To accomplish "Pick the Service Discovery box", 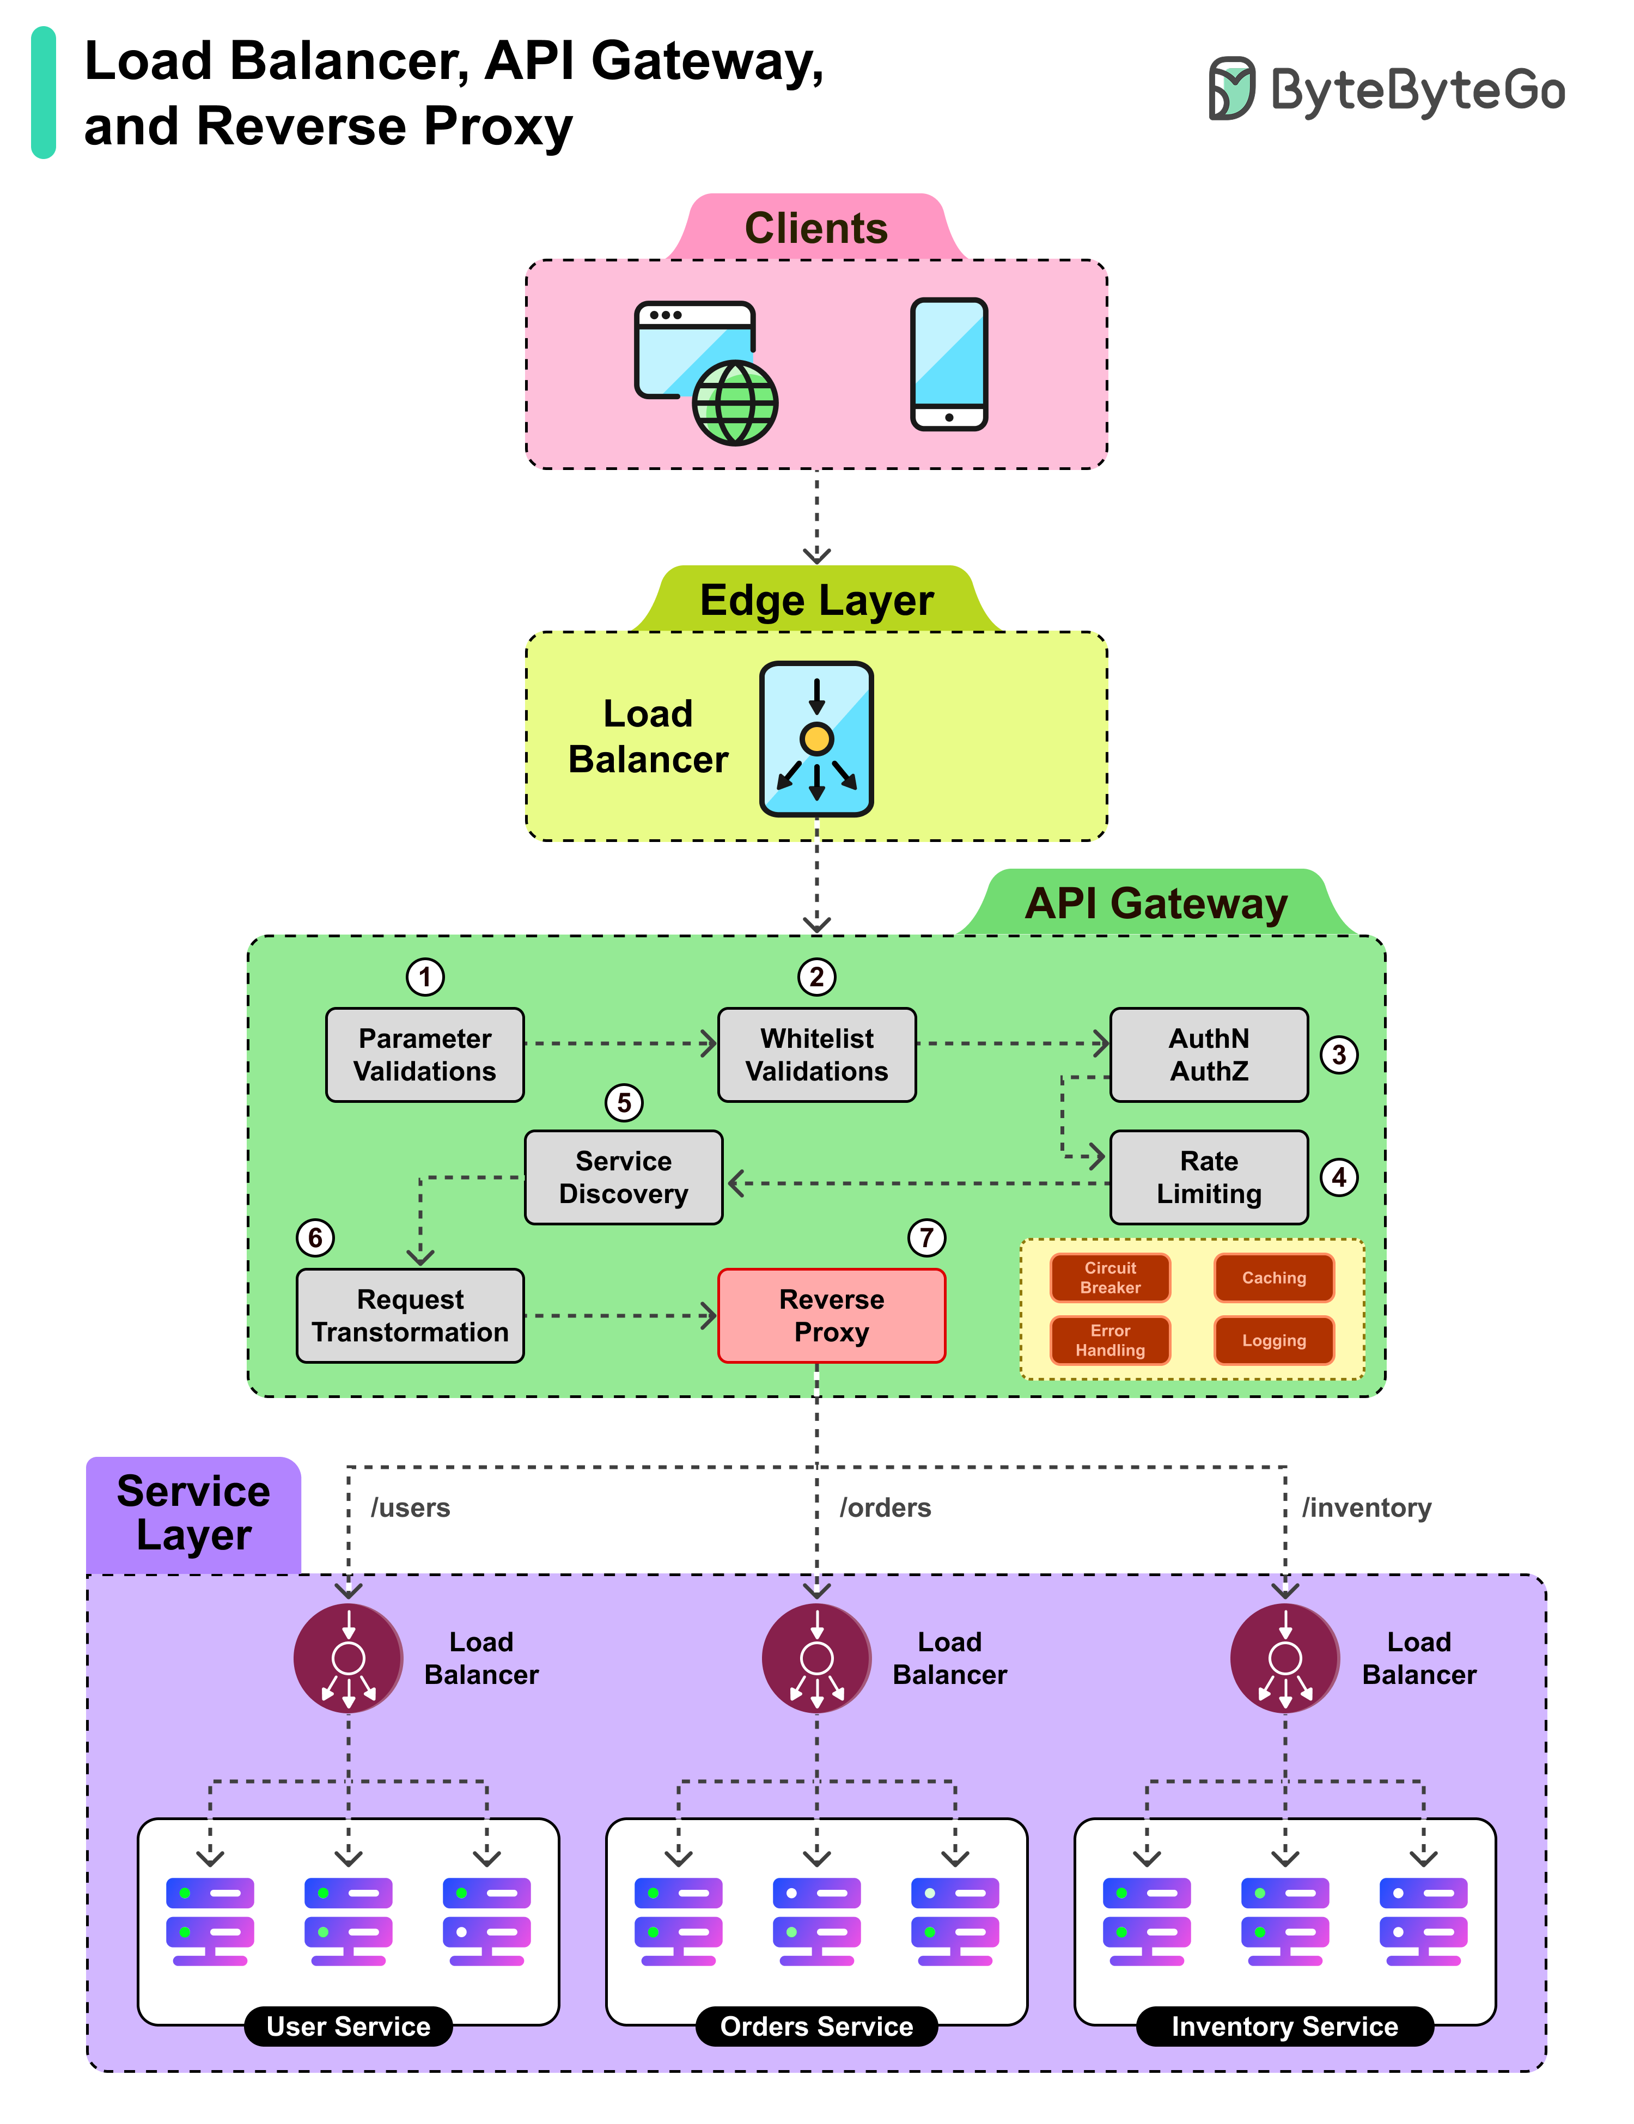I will point(624,1177).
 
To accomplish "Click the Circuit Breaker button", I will point(1110,1277).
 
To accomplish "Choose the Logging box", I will point(1273,1340).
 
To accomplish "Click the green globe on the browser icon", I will point(735,402).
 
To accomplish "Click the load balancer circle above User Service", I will point(348,1658).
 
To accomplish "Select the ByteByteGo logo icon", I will point(1231,88).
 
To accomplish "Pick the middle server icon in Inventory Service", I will point(1285,1921).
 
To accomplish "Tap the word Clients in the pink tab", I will point(816,229).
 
